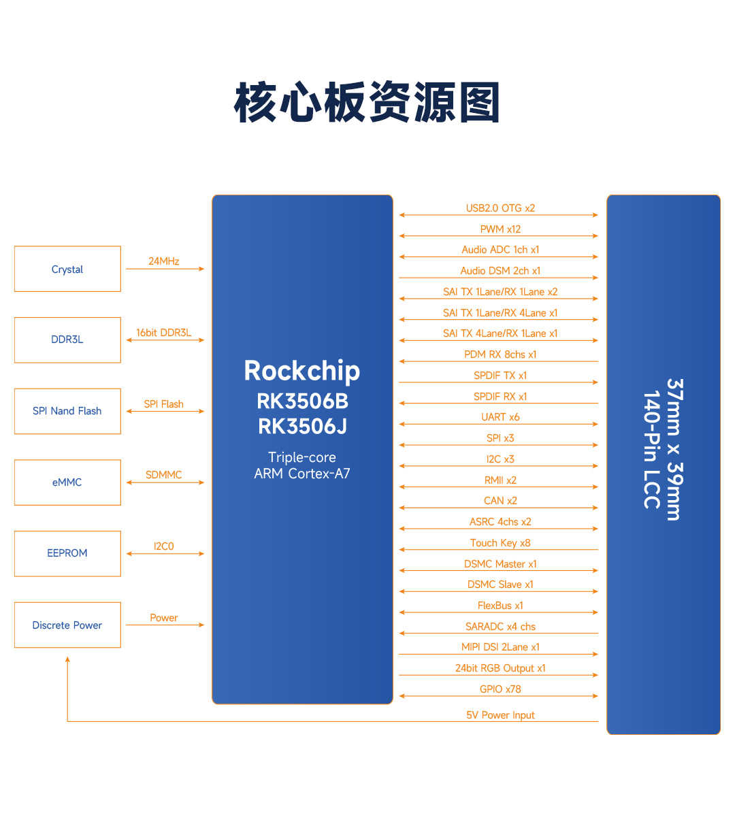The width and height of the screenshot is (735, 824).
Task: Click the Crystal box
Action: click(x=67, y=269)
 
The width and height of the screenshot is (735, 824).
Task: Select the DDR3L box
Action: click(x=67, y=340)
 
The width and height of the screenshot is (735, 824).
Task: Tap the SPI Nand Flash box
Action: click(x=67, y=411)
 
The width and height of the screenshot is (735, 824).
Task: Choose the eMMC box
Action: click(x=67, y=482)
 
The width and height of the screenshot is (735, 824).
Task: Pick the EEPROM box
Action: click(x=67, y=554)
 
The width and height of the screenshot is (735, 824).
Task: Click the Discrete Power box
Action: click(x=67, y=625)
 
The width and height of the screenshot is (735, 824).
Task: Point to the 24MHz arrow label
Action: click(x=164, y=261)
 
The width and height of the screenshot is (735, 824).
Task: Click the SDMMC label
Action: click(x=164, y=475)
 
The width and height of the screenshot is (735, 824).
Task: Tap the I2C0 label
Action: click(x=164, y=546)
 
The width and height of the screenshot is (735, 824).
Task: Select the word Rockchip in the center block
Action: click(x=302, y=372)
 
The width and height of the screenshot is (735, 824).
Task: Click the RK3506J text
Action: click(x=303, y=427)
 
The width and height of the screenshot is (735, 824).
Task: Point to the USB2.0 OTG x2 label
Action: click(x=500, y=208)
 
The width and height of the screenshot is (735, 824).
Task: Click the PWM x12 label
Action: click(x=500, y=229)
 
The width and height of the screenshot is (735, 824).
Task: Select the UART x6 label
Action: click(x=500, y=417)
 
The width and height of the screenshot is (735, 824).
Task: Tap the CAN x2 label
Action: click(x=500, y=501)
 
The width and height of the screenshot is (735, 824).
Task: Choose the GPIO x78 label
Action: click(x=500, y=689)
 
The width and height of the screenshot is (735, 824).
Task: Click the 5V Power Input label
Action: click(x=500, y=715)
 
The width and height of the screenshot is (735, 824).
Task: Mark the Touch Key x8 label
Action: click(x=500, y=542)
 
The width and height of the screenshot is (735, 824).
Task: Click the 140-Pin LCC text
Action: click(x=651, y=450)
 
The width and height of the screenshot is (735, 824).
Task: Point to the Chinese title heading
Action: click(x=367, y=102)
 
